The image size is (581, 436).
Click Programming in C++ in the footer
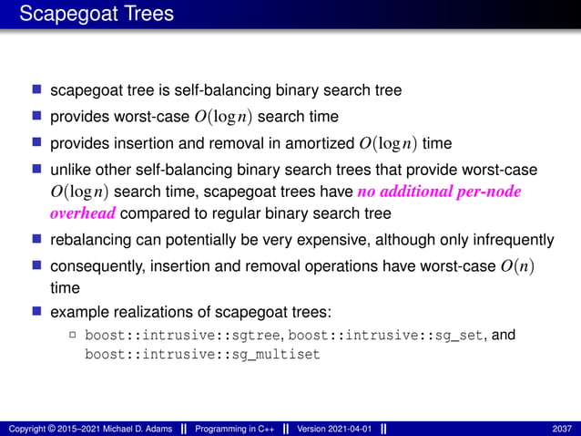[236, 429]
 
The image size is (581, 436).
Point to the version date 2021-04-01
[350, 429]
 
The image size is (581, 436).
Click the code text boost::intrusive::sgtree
[184, 336]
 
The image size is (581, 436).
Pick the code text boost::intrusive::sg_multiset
[202, 355]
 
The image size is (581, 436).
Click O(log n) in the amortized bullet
[391, 143]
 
